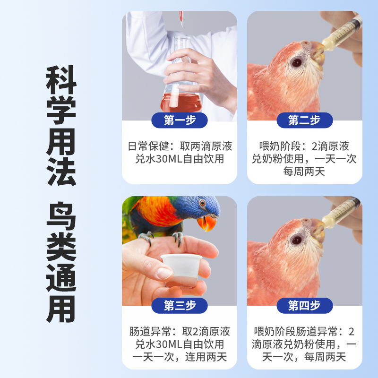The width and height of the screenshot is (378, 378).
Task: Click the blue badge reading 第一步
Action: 180,120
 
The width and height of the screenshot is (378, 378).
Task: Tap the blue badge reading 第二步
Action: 304,120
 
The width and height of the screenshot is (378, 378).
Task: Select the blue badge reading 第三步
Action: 180,305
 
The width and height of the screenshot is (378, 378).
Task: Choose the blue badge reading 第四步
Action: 304,305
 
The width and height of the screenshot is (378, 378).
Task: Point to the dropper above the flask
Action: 180,19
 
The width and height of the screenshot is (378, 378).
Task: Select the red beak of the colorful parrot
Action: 207,222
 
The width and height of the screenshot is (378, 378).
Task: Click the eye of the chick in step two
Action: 297,62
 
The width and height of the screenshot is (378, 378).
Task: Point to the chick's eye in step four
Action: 297,240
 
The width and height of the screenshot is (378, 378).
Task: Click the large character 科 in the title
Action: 61,83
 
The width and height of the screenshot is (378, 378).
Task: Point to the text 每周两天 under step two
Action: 304,172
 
